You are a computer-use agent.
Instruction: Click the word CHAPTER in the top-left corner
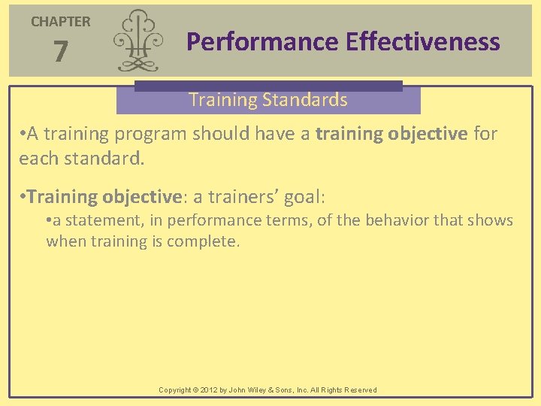tap(60, 22)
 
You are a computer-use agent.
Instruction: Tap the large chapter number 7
tap(61, 52)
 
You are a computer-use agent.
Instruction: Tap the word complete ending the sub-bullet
tap(207, 241)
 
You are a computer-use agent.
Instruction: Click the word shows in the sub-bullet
tap(493, 220)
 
